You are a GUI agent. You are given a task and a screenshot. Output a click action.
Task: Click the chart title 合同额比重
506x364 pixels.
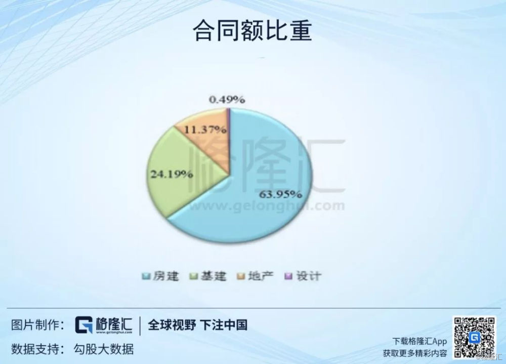tap(252, 30)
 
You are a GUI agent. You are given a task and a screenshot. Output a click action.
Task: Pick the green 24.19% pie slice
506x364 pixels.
tap(181, 175)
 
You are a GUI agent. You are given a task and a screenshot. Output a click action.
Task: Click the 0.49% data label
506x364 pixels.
tap(227, 99)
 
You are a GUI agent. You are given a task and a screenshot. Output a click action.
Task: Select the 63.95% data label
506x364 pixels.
tap(281, 194)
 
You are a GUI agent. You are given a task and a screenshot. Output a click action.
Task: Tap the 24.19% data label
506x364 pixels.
tap(172, 175)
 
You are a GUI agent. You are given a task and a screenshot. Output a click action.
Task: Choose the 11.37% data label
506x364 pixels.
tap(205, 130)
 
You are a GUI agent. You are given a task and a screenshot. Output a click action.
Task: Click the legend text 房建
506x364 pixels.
tap(165, 276)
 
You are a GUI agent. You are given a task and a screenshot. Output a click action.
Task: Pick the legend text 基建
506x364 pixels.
tap(214, 276)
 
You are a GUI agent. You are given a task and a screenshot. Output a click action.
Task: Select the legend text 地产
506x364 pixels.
tap(261, 276)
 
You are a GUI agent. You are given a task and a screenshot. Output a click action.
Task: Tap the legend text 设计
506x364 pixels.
tap(309, 276)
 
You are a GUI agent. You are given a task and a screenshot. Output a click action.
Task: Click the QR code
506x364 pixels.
tap(475, 337)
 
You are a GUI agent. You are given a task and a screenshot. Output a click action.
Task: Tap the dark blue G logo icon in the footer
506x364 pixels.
tap(84, 325)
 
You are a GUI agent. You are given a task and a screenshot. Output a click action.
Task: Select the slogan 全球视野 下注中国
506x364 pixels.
tap(197, 325)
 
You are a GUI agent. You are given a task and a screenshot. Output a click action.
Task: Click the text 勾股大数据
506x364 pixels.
tap(104, 349)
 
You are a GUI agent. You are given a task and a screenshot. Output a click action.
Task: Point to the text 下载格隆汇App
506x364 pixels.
tap(419, 341)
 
